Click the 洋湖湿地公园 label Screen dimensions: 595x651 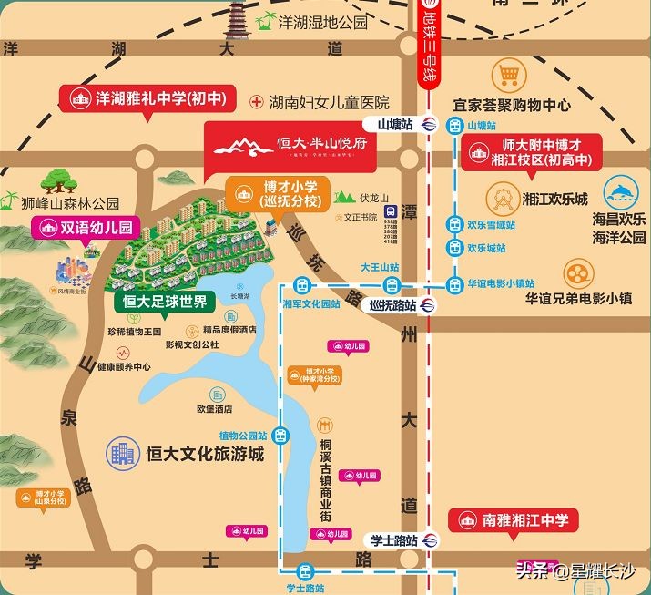coord(323,22)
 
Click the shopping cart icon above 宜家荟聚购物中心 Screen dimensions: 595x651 coord(508,74)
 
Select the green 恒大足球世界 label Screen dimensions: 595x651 coord(165,301)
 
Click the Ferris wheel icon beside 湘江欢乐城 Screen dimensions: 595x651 coord(500,197)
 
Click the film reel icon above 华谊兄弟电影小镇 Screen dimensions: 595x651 coord(578,272)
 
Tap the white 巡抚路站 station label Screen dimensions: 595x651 coord(393,305)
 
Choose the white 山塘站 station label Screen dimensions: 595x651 coord(396,124)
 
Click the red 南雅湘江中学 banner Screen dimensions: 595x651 coord(514,520)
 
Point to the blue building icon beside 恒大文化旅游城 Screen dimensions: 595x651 coord(120,452)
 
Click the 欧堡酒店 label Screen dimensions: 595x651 coord(217,409)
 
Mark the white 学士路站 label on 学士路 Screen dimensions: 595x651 coord(394,539)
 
